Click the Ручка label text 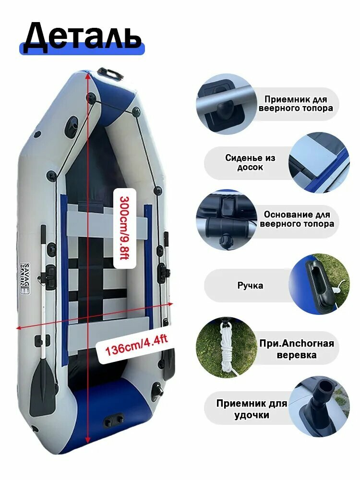[x=250, y=285]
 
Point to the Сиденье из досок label [x=250, y=163]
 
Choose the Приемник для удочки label [x=252, y=409]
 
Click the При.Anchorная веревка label [x=296, y=349]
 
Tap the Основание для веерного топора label [x=297, y=219]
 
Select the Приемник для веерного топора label [x=296, y=104]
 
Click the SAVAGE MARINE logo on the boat [x=25, y=278]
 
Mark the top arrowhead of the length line [x=88, y=76]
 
